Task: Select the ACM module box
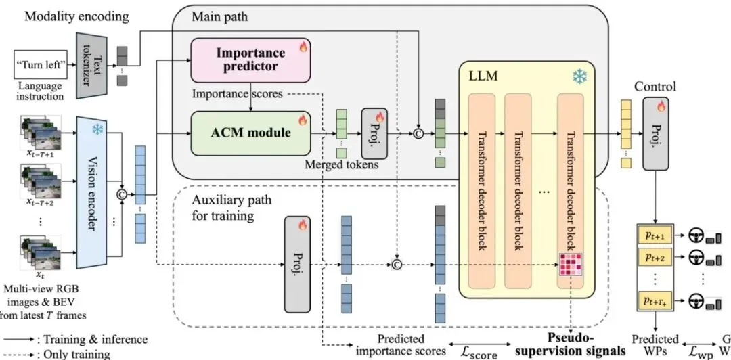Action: [x=251, y=133]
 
